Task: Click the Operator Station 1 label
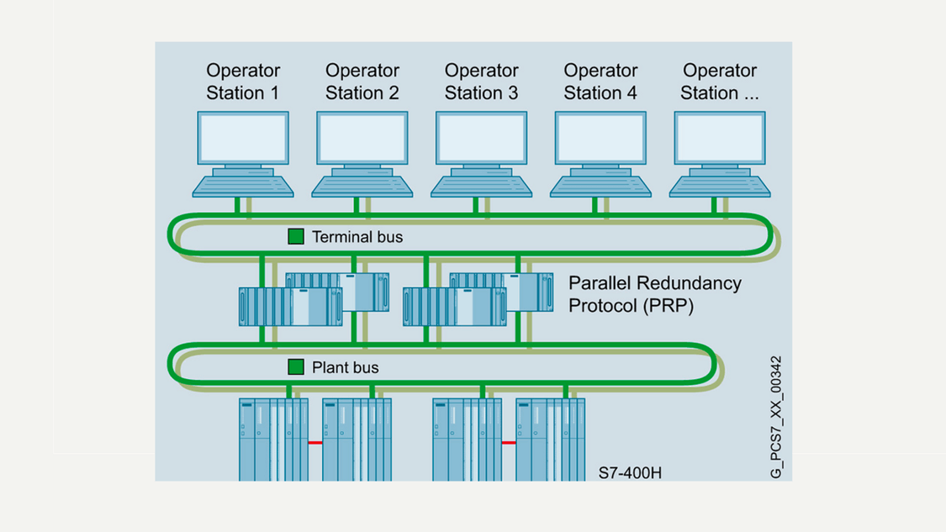[x=243, y=82]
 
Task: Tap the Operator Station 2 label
[x=362, y=82]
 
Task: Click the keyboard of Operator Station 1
[x=243, y=185]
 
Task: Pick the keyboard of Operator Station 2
[x=362, y=185]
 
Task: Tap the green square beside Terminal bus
[x=296, y=237]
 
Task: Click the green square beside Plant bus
[x=296, y=367]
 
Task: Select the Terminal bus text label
[x=357, y=237]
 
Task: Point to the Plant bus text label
[x=346, y=367]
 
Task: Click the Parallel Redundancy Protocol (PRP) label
[x=655, y=294]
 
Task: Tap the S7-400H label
[x=630, y=472]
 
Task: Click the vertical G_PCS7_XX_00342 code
[x=775, y=418]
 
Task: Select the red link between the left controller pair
[x=315, y=443]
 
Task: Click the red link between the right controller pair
[x=509, y=443]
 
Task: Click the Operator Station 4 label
[x=600, y=82]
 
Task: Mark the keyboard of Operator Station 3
[x=481, y=185]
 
